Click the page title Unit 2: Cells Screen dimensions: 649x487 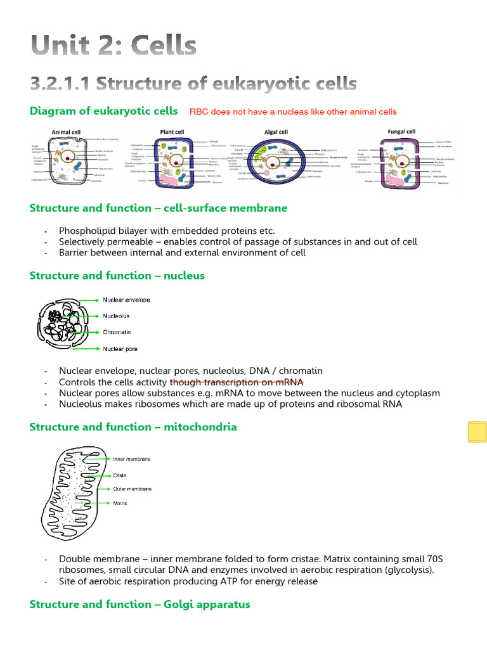coord(114,46)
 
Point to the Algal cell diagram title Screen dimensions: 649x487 coord(276,132)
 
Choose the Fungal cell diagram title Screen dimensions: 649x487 coord(401,132)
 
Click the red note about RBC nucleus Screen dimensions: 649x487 coord(293,112)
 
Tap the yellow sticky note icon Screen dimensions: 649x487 coord(477,432)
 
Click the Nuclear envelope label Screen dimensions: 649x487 coord(126,300)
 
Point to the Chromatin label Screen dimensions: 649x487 coord(117,332)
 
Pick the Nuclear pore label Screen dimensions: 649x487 coord(120,349)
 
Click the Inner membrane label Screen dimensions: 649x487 coord(131,459)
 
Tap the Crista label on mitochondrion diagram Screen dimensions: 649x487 coord(120,475)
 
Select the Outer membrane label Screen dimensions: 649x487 coord(132,489)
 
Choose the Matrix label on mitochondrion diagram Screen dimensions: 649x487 coord(120,503)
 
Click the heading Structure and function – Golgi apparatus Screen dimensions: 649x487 coord(140,605)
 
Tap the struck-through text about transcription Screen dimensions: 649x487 coord(236,382)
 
